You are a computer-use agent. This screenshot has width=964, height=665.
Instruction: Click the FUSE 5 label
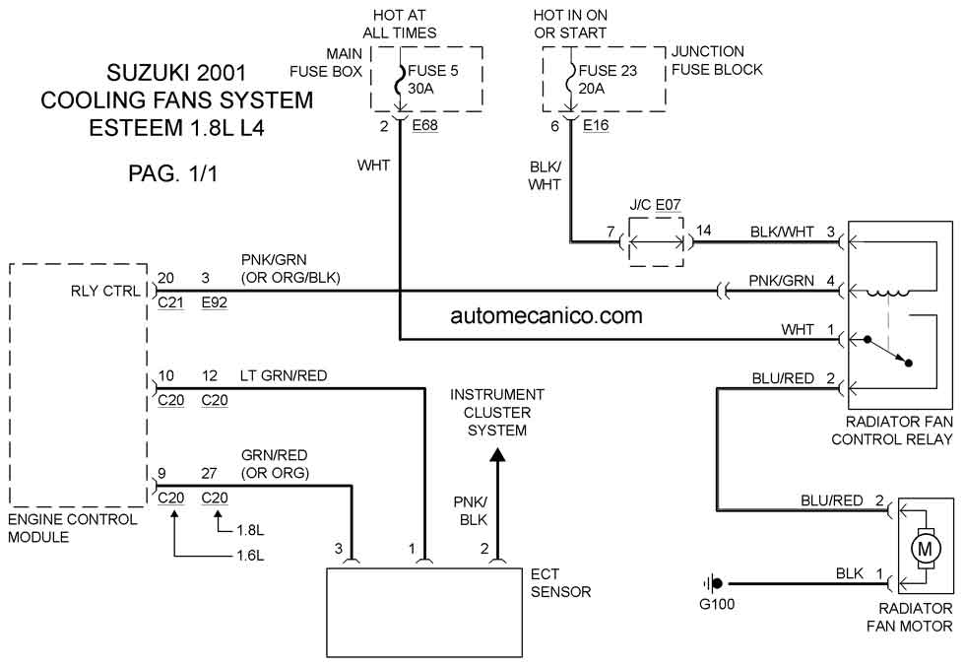433,71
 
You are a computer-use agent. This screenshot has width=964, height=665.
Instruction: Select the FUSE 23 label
608,71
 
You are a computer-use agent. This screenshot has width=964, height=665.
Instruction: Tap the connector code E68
424,125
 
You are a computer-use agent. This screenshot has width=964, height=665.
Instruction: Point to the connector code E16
596,125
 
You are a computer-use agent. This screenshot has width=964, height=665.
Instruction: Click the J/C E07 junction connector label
656,205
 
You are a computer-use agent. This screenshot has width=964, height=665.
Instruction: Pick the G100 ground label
717,604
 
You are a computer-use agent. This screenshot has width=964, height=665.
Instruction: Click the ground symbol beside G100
713,583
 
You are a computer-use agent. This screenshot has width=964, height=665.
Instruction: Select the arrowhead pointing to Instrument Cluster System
497,454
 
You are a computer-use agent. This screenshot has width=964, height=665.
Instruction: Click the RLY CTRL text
105,291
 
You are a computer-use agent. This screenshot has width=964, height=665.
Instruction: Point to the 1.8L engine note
250,530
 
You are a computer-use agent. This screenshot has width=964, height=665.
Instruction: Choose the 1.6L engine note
250,556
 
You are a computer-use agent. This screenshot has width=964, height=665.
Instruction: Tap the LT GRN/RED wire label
284,376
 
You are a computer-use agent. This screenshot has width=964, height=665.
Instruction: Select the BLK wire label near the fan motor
850,573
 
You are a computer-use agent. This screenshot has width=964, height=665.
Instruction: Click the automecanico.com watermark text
546,315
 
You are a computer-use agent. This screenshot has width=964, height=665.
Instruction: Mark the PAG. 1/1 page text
172,173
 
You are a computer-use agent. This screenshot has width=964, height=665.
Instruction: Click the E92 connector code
215,302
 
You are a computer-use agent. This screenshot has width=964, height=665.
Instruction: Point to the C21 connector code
171,302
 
